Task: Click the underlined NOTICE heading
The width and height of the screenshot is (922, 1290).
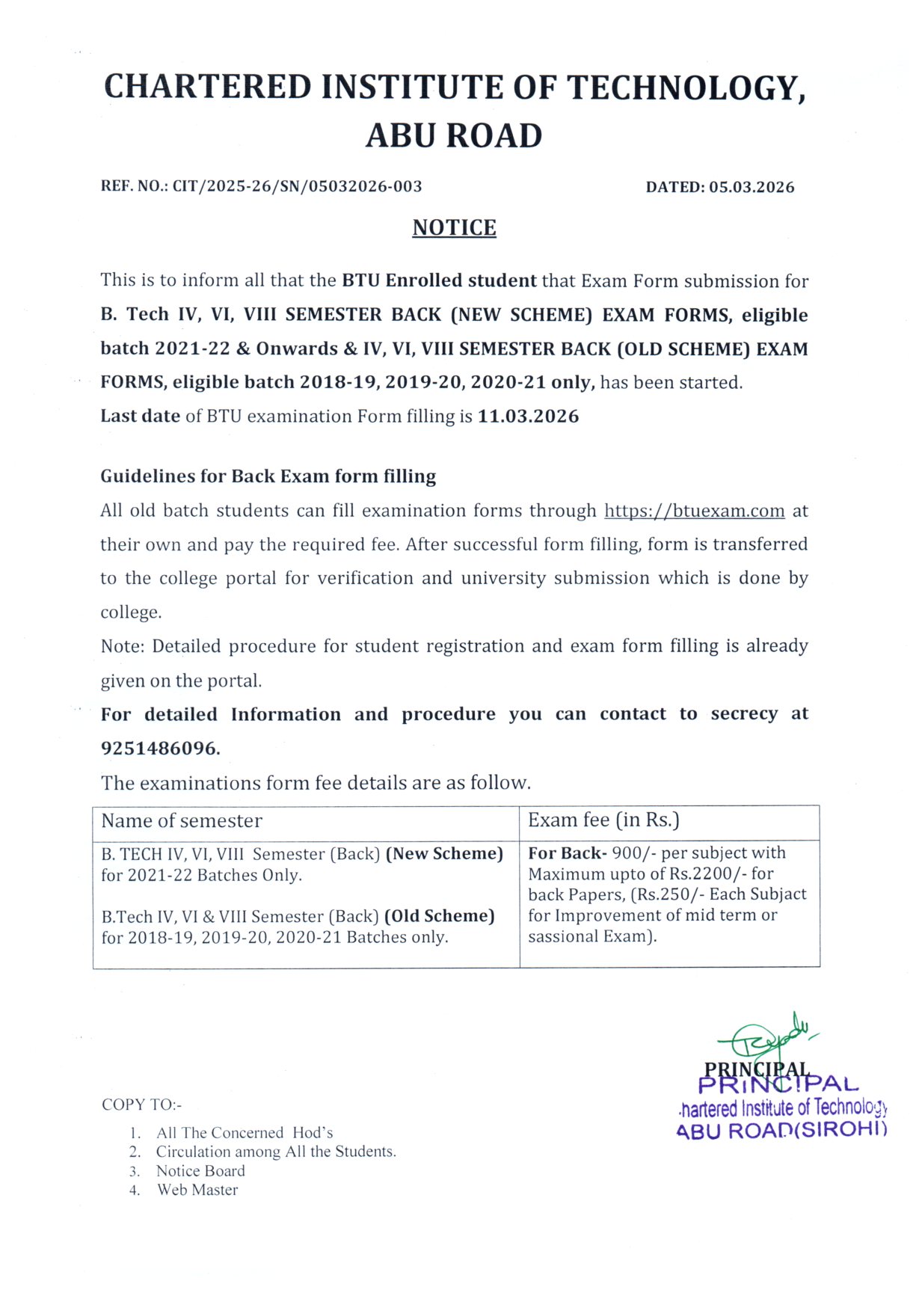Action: (x=454, y=227)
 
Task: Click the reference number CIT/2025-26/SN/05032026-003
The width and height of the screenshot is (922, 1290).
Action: (x=297, y=186)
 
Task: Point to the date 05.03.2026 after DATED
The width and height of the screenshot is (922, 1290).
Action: (x=752, y=187)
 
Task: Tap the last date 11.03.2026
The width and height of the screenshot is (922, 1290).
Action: (x=528, y=416)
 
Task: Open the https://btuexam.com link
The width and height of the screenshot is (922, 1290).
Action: (x=694, y=511)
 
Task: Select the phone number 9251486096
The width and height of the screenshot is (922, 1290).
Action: (x=160, y=748)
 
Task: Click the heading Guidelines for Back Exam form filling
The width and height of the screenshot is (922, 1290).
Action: (x=268, y=476)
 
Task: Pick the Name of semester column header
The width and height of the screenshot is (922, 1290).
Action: (x=182, y=821)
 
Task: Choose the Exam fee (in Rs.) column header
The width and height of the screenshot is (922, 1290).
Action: (x=603, y=820)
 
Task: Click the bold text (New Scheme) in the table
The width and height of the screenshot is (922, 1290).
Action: (x=444, y=853)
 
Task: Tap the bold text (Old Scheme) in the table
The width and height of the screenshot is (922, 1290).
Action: (x=439, y=916)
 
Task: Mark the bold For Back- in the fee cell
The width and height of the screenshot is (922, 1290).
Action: (x=567, y=853)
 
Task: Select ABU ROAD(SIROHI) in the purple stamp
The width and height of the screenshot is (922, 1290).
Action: (x=781, y=1130)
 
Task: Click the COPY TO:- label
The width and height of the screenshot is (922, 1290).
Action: (x=141, y=1105)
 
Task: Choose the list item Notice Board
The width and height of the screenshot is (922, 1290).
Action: (x=200, y=1171)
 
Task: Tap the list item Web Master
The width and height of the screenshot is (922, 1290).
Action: (x=197, y=1190)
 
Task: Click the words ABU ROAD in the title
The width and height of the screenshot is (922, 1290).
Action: (x=454, y=136)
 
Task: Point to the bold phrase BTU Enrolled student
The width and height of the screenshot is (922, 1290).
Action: (x=439, y=280)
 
